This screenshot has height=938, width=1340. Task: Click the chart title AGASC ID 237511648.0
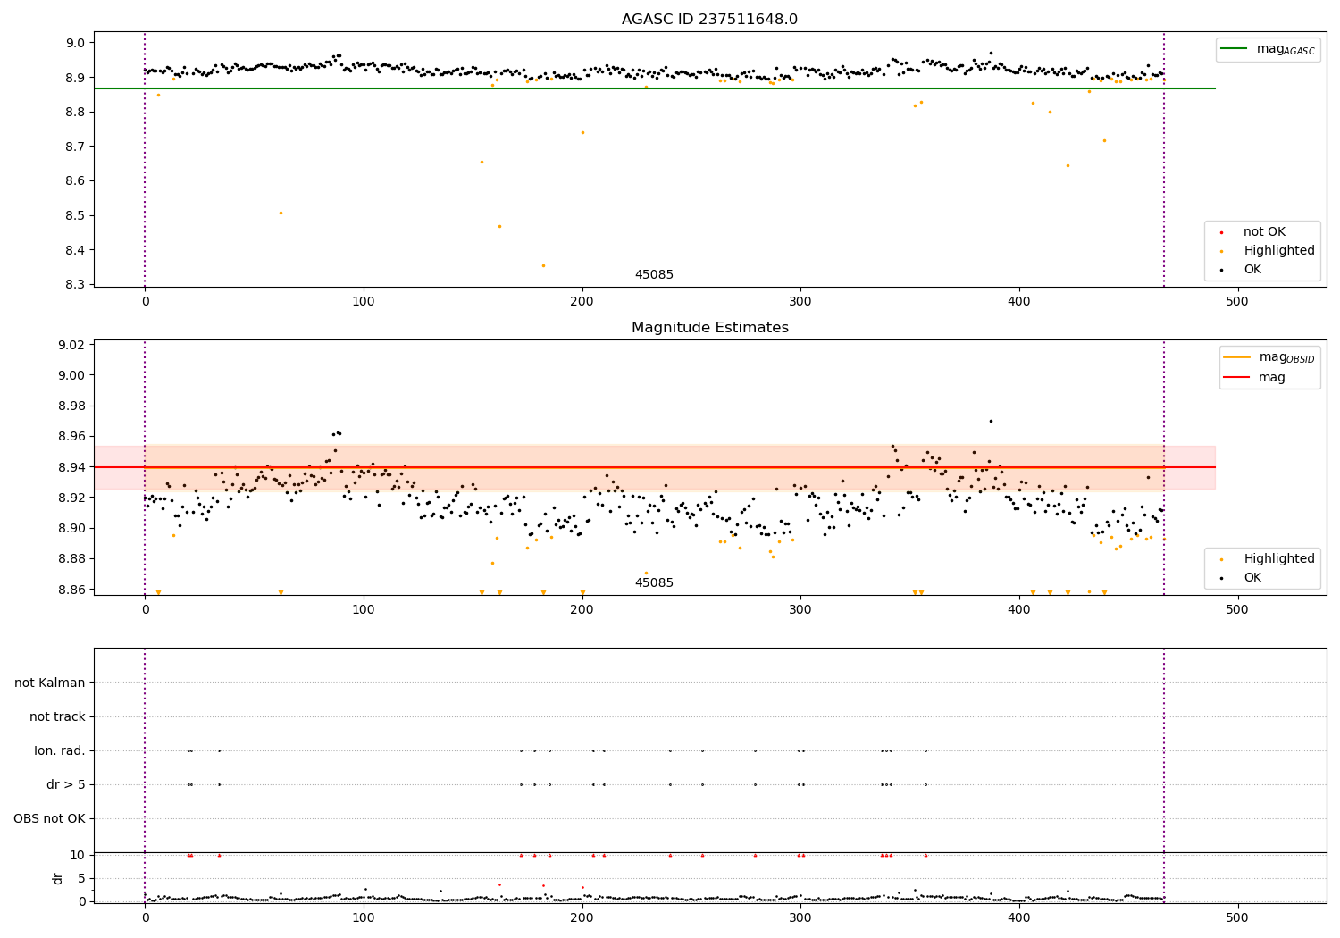pos(709,20)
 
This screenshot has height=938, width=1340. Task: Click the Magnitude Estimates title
pos(709,328)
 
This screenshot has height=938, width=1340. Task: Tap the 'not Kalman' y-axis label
pos(50,683)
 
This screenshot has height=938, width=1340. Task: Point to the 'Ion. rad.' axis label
pos(60,750)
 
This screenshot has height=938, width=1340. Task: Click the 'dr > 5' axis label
pos(66,784)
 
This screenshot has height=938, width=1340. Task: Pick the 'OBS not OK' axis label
pos(49,818)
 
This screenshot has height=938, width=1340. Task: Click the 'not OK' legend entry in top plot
pos(1264,232)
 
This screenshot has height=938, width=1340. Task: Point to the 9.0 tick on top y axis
pos(75,43)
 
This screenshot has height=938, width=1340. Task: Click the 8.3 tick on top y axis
pos(75,284)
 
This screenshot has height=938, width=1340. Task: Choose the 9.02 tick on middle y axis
pos(71,345)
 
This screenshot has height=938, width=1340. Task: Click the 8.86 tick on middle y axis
pos(71,590)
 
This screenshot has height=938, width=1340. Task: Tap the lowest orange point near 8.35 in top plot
pos(543,265)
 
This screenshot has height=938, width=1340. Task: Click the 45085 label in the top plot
pos(654,275)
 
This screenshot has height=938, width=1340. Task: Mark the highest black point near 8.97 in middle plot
pos(991,421)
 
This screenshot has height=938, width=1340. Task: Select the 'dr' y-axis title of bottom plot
pos(58,878)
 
